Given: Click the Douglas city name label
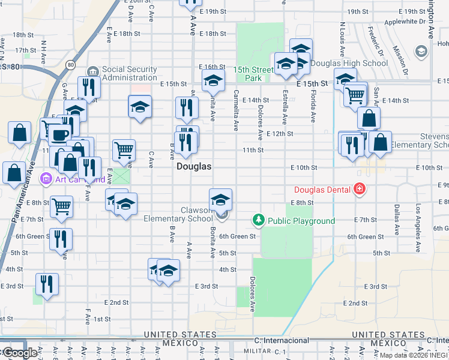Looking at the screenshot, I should point(194,167).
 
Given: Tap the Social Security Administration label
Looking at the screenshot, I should point(129,73).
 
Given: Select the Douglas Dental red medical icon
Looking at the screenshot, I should point(360,190).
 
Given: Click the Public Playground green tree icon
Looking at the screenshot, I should point(259,220).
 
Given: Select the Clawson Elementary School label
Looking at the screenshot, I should point(178,214).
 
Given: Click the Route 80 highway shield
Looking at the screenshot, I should point(71,64).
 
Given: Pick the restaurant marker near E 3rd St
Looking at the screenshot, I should point(47,283).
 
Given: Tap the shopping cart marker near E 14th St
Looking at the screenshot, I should point(355,94).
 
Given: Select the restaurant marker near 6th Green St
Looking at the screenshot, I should point(61,238).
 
